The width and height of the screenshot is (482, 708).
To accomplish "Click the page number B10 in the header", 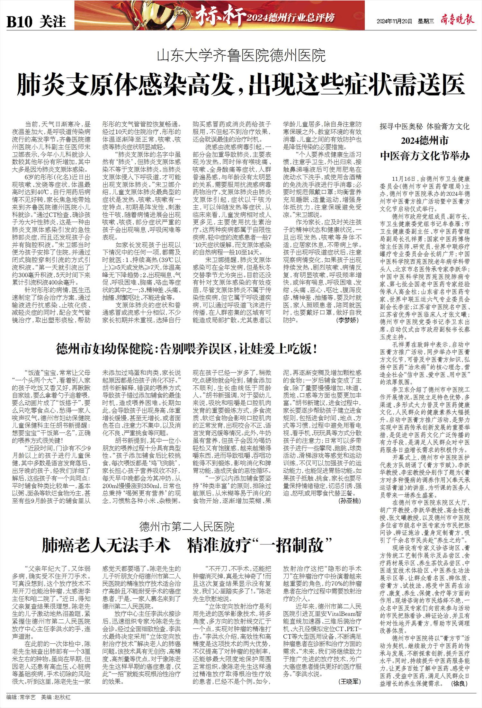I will pyautogui.click(x=20, y=22).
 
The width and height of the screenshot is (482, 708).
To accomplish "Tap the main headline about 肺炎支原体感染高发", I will pyautogui.click(x=241, y=84).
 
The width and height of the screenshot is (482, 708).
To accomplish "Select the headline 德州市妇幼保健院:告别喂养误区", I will pyautogui.click(x=187, y=349).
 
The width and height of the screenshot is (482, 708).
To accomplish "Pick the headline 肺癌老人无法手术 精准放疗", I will pyautogui.click(x=187, y=545).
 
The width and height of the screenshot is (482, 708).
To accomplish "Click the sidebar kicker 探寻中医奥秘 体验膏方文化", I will pyautogui.click(x=424, y=126).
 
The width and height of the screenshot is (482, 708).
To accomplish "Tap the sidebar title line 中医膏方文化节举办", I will pyautogui.click(x=424, y=156).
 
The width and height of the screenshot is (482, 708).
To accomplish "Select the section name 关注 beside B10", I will pyautogui.click(x=53, y=22).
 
